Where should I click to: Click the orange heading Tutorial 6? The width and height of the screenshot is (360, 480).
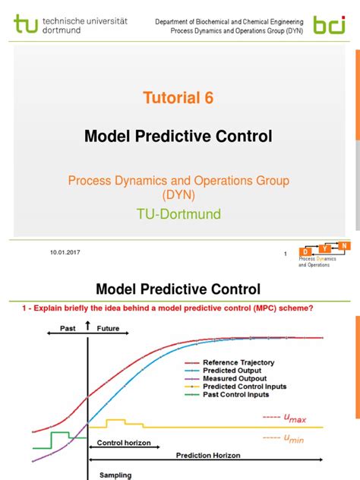[179, 97]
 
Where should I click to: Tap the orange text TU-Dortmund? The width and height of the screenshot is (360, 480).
[179, 214]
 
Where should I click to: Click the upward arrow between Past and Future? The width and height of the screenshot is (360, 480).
[88, 327]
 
